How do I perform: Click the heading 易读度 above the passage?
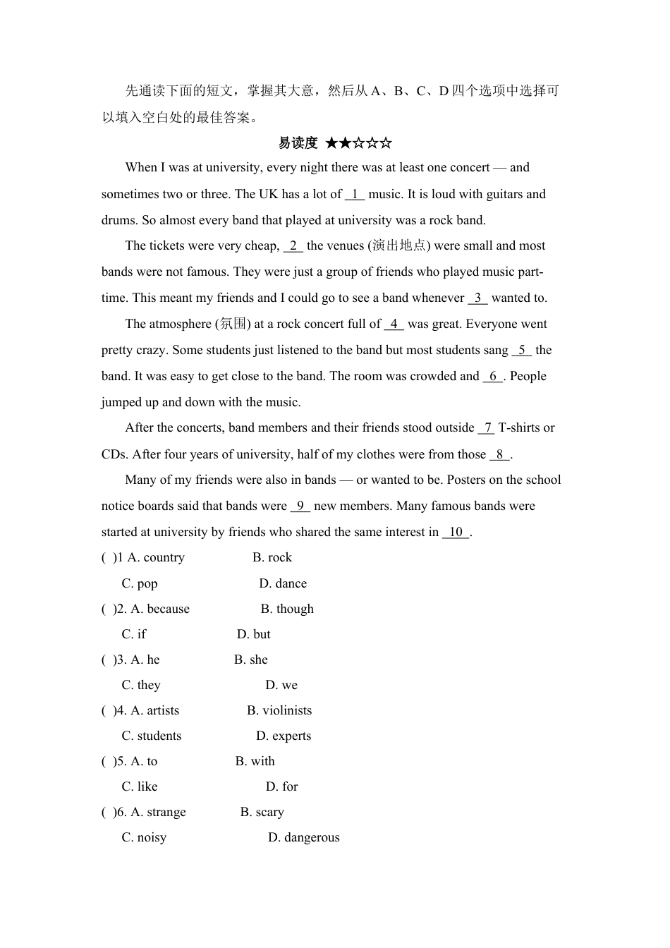pyautogui.click(x=298, y=143)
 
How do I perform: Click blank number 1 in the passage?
pyautogui.click(x=355, y=194)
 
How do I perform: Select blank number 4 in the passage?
pyautogui.click(x=394, y=324)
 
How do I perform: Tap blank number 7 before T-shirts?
pyautogui.click(x=487, y=427)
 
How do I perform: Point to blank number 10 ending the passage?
pyautogui.click(x=456, y=532)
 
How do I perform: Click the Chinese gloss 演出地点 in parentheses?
pyautogui.click(x=399, y=245)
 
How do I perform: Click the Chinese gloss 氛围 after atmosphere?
pyautogui.click(x=233, y=324)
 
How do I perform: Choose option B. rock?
pyautogui.click(x=272, y=557)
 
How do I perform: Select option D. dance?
pyautogui.click(x=283, y=583)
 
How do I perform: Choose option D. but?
pyautogui.click(x=254, y=634)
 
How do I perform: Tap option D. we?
pyautogui.click(x=281, y=685)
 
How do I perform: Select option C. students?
pyautogui.click(x=152, y=736)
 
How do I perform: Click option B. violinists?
pyautogui.click(x=279, y=710)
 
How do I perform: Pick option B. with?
pyautogui.click(x=255, y=761)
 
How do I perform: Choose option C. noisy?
pyautogui.click(x=144, y=837)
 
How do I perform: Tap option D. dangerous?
pyautogui.click(x=304, y=837)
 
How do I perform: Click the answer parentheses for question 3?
pyautogui.click(x=108, y=660)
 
